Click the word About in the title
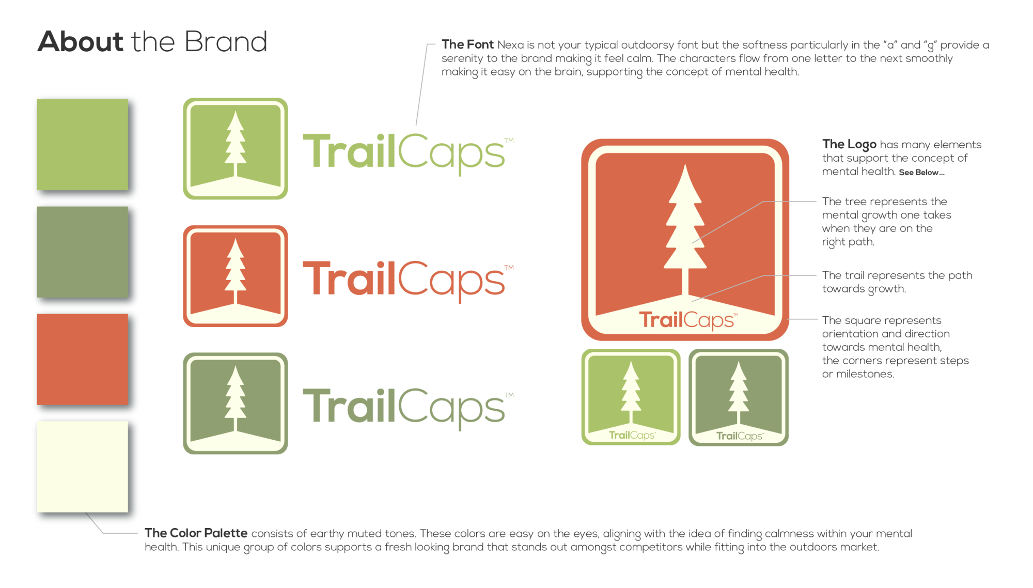tap(81, 41)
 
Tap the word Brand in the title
tap(226, 41)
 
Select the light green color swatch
tap(83, 145)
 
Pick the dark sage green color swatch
tap(83, 252)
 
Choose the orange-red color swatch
tap(83, 359)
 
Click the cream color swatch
tap(83, 467)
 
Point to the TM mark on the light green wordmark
tap(509, 141)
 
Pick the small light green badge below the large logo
tap(631, 397)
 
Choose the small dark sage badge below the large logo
tap(739, 397)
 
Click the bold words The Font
tap(468, 45)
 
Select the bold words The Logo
tap(850, 145)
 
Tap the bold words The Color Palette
tap(196, 533)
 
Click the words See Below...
tap(922, 173)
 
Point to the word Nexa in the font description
tap(511, 45)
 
